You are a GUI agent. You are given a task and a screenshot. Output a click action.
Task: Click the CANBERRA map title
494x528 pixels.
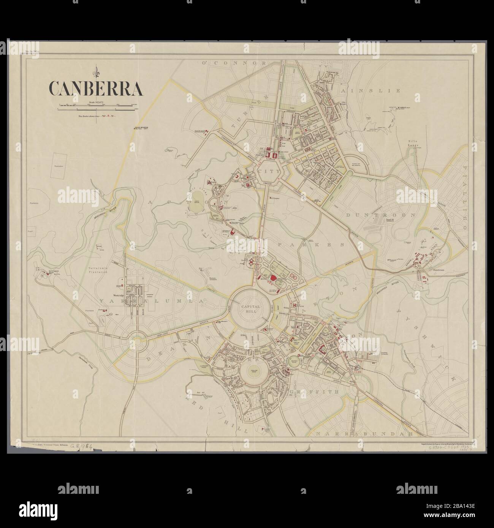[x=95, y=88]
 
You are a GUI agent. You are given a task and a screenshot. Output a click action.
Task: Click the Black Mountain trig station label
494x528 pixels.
[x=142, y=128]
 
